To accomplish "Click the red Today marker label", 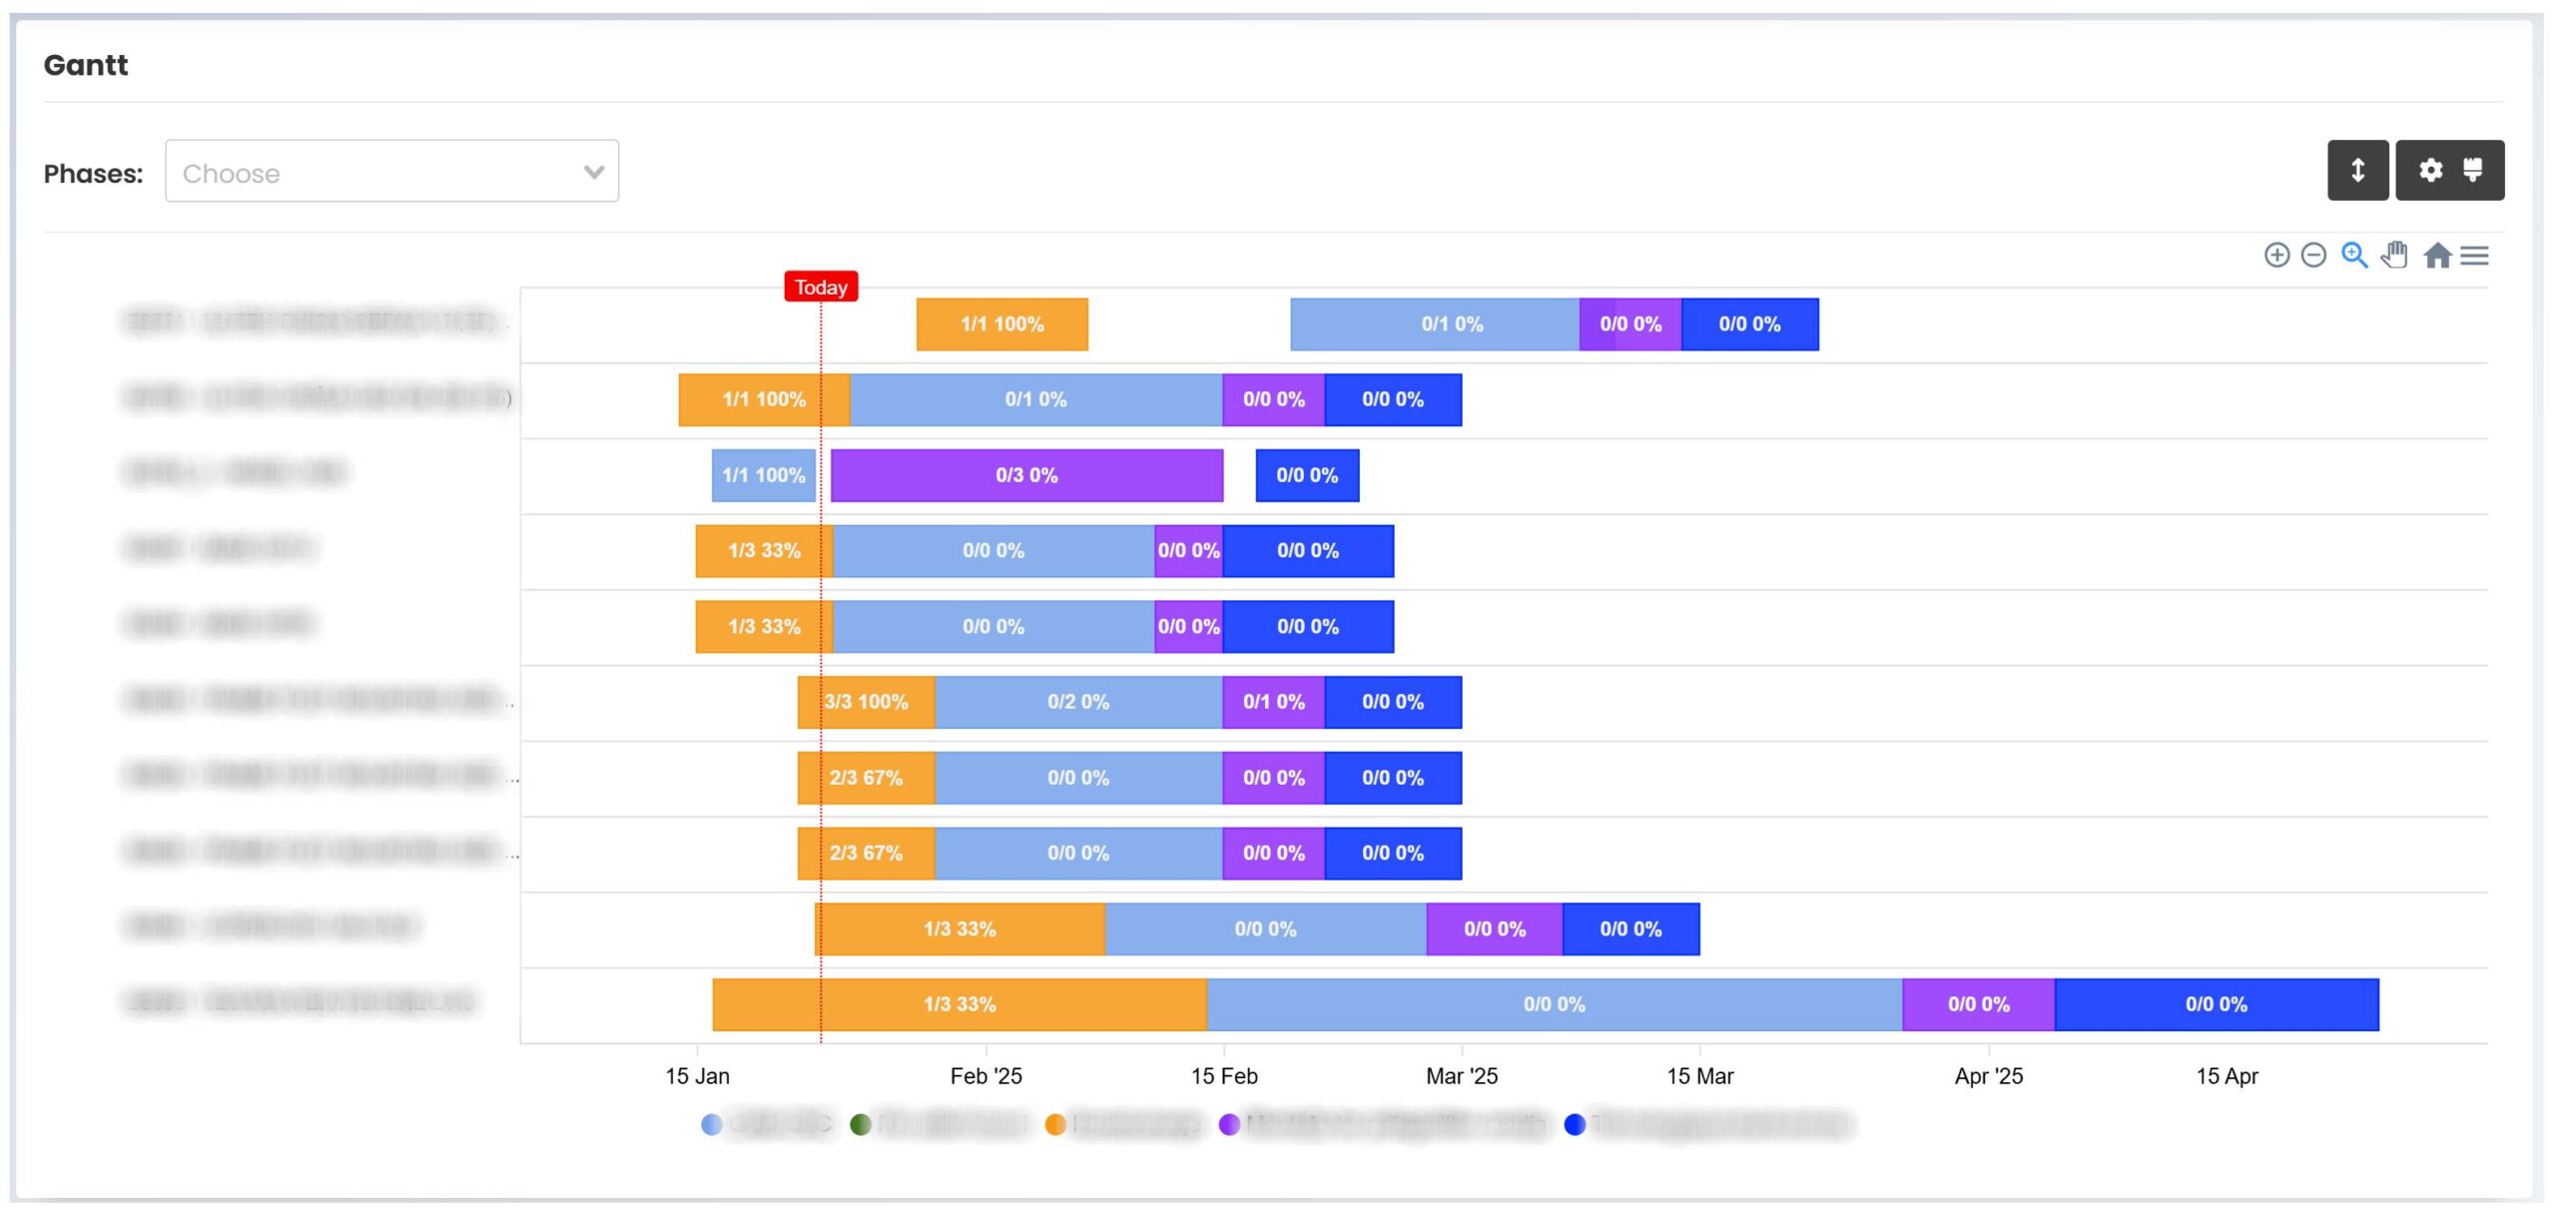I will click(x=821, y=288).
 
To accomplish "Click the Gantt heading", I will click(x=86, y=65).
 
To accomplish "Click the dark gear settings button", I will click(x=2449, y=170).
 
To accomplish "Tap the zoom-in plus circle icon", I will click(x=2276, y=256).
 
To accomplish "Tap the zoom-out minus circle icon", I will click(x=2313, y=256).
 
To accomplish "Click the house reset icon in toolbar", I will click(x=2437, y=256).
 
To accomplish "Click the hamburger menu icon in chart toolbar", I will click(x=2474, y=256).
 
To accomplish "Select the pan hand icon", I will click(x=2394, y=256).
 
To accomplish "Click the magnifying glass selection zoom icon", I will click(x=2354, y=256).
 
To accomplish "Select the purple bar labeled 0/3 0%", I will click(x=1026, y=475).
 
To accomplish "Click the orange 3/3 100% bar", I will click(x=866, y=702).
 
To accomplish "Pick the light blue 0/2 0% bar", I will click(x=1078, y=702).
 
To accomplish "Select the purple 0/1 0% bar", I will click(x=1273, y=702).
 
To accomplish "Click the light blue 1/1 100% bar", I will click(x=764, y=475).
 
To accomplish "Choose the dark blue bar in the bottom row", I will click(x=2217, y=1004).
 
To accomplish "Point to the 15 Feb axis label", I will click(x=1224, y=1076).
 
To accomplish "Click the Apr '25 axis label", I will click(x=1988, y=1076).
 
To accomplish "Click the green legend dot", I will click(x=861, y=1125).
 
